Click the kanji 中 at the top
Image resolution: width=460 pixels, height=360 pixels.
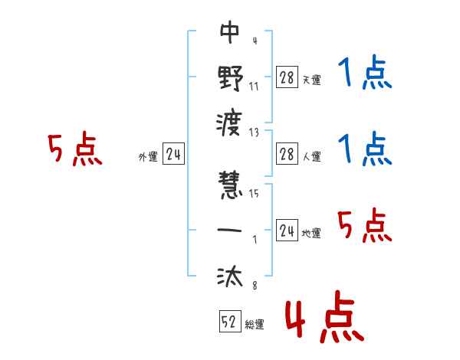coord(230,33)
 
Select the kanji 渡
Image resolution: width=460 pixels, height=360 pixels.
coord(230,121)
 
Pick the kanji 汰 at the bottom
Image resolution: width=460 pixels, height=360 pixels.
coord(230,276)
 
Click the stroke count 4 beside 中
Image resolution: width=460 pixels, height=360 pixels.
coord(254,41)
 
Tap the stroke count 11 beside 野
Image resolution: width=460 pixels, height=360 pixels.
coord(254,86)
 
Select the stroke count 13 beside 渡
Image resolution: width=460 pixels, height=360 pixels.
coord(254,132)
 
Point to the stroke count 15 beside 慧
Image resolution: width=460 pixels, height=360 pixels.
coord(254,193)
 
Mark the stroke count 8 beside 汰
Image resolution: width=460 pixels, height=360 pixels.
coord(254,285)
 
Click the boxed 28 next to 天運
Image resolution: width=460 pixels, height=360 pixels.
coord(287,77)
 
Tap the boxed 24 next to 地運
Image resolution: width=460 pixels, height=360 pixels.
coord(287,231)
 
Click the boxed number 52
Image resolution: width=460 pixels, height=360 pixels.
coord(228,322)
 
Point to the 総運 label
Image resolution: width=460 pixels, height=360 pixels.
coord(255,325)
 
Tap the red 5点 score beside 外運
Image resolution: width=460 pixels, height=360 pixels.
coord(74,149)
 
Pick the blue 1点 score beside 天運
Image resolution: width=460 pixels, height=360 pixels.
coord(364,75)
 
